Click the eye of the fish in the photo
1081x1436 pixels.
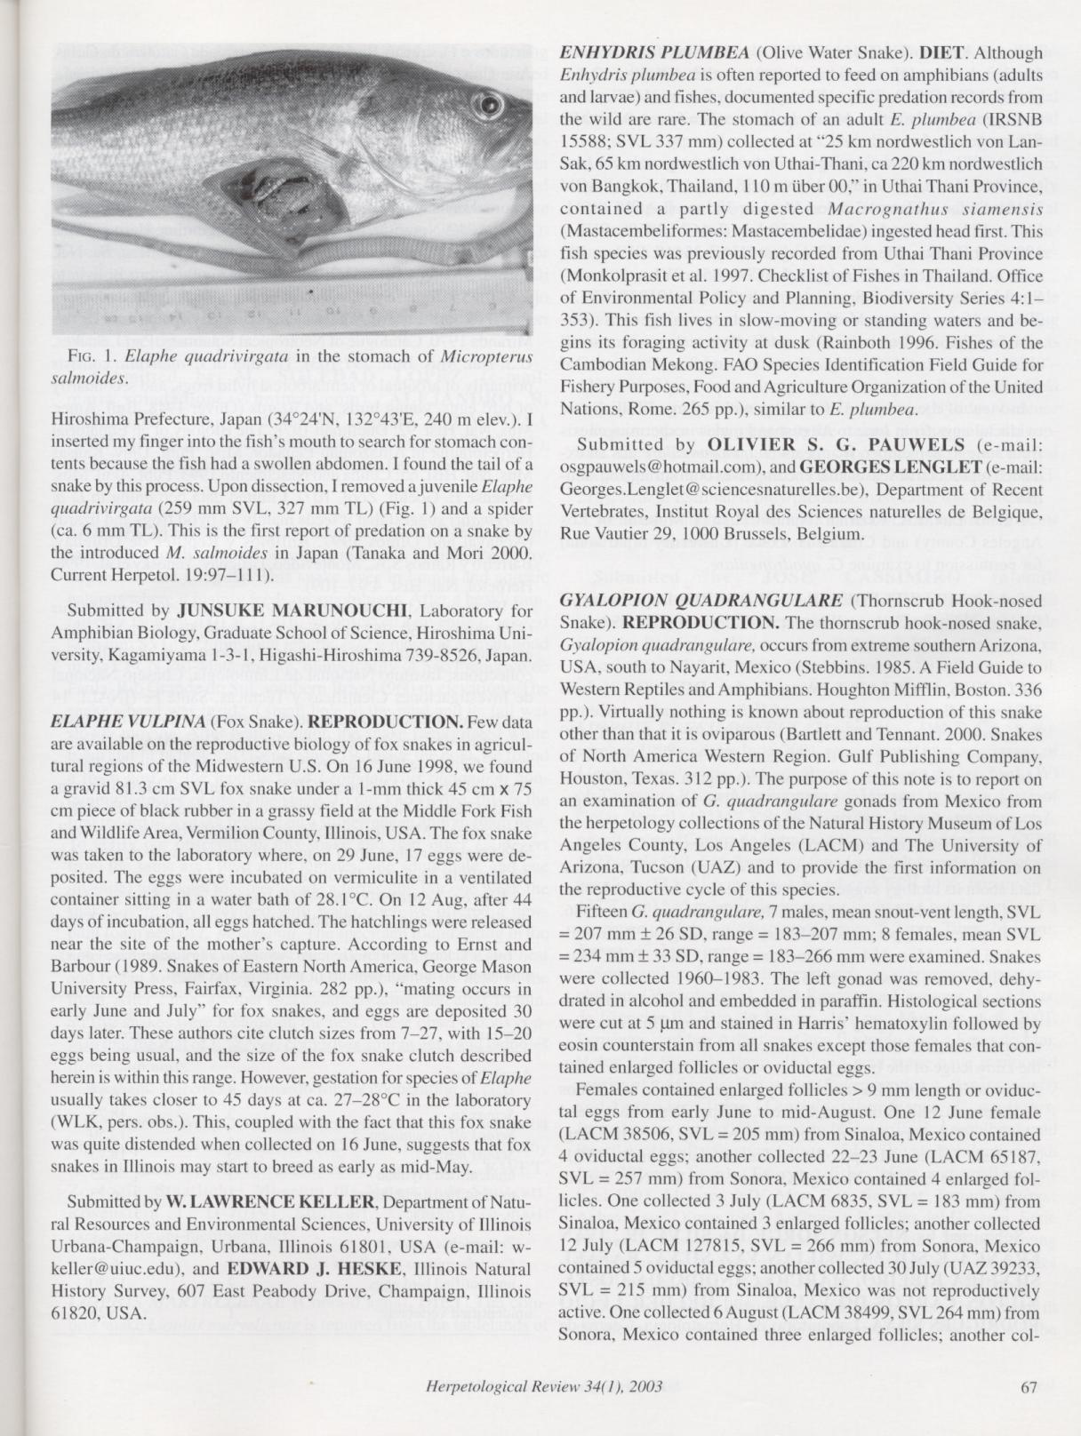[x=488, y=109]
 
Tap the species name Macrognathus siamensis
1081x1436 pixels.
[x=904, y=209]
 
